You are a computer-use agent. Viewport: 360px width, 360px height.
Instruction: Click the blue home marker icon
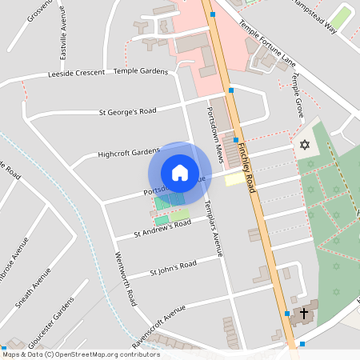[x=180, y=173]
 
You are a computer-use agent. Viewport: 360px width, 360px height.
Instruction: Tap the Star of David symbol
[x=304, y=145]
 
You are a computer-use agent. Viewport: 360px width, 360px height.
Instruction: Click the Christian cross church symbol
[x=305, y=314]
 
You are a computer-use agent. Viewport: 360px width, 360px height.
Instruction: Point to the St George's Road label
[x=127, y=111]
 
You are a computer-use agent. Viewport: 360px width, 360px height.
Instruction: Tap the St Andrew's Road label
[x=162, y=229]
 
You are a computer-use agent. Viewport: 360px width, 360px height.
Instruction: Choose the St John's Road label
[x=173, y=269]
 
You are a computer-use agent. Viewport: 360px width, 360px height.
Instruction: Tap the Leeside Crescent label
[x=77, y=73]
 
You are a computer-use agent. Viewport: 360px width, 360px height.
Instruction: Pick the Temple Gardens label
[x=141, y=71]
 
